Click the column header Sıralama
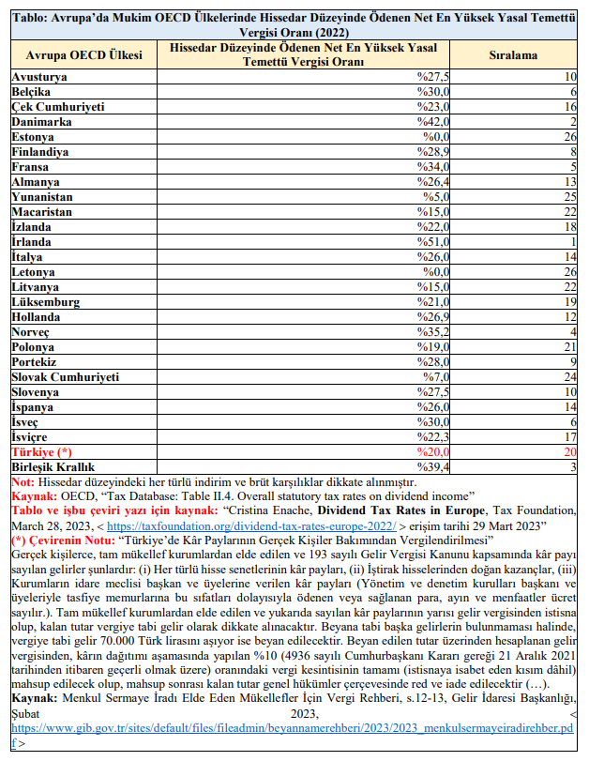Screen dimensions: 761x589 coord(514,55)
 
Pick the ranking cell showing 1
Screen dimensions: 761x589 coord(571,242)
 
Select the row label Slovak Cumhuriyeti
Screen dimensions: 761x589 coord(66,376)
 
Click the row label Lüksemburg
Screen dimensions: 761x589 coord(46,302)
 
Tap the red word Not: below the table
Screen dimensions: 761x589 coord(23,481)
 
